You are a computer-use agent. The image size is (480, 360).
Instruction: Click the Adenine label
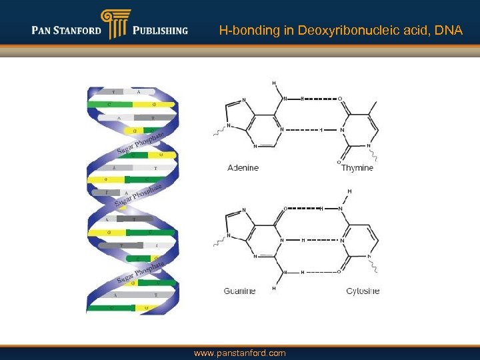pos(243,168)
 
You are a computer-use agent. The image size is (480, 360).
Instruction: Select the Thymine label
pos(357,168)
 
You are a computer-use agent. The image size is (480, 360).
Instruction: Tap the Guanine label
pos(240,291)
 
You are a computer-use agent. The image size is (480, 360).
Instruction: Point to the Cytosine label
pos(363,291)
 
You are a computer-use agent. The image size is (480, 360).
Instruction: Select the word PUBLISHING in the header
pos(160,31)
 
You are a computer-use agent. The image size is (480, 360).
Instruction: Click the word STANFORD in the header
pos(79,31)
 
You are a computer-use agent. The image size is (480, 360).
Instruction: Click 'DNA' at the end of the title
pos(450,31)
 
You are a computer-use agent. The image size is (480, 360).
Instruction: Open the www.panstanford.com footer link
pos(239,353)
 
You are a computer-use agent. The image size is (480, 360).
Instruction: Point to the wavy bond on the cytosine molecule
pos(377,266)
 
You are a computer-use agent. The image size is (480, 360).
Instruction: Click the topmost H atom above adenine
pos(273,83)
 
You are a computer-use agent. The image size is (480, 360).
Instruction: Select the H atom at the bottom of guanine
pos(273,289)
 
